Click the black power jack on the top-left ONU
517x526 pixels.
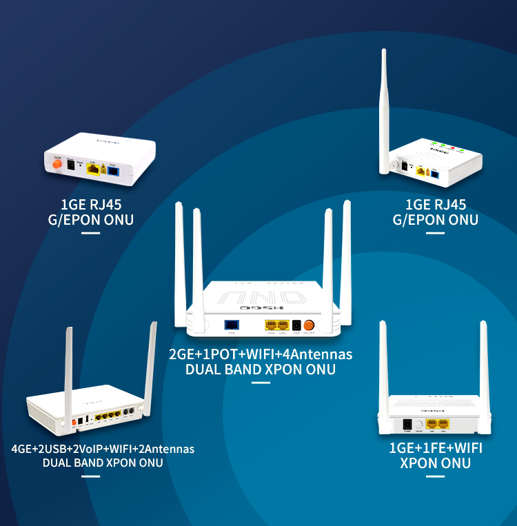70,165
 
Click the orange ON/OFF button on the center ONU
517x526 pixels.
309,325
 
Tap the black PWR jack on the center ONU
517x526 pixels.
296,325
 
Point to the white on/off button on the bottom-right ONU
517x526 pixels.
418,425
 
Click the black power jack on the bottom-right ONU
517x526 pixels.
407,425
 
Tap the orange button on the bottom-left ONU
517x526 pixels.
74,421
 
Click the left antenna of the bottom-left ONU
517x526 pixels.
68,372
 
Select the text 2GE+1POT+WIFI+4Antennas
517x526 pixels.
261,354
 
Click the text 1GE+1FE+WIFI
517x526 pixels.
436,448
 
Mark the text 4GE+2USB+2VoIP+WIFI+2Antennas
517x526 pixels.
103,449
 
